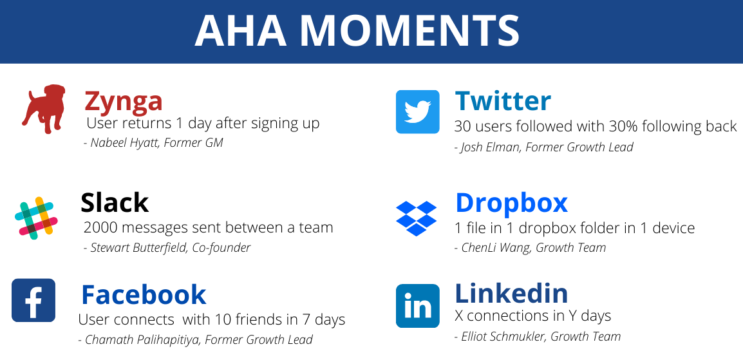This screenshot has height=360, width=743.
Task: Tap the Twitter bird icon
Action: tap(417, 112)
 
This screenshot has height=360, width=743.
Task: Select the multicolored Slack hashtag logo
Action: tap(36, 218)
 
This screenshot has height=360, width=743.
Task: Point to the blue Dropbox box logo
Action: tap(416, 218)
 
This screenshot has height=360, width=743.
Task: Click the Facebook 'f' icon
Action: tap(33, 300)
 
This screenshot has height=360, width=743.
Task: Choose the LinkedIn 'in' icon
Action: tap(417, 306)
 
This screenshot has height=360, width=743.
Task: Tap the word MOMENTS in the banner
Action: tap(410, 30)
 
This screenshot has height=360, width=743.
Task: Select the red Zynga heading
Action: tap(123, 101)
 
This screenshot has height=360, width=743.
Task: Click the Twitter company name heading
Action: tap(503, 100)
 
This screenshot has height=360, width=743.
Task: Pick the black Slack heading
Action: tap(114, 202)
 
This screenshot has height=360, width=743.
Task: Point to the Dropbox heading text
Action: tap(511, 204)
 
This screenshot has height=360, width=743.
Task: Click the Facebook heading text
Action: tap(144, 294)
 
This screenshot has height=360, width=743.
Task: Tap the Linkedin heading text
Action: tap(511, 293)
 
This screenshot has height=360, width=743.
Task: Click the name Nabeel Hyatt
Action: tap(125, 142)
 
